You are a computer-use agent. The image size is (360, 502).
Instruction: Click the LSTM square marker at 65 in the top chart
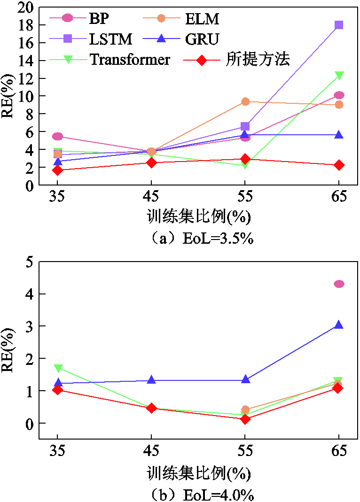point(339,25)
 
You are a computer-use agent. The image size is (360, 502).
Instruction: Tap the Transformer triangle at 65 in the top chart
point(339,75)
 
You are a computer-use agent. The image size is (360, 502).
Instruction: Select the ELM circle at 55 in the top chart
point(245,101)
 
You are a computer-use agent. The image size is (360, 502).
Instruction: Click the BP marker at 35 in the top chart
point(57,136)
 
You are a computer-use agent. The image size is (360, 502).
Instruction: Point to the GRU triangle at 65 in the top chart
point(339,135)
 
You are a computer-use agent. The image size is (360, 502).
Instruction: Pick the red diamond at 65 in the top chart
point(339,165)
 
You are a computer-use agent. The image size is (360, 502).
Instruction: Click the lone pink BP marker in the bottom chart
point(339,284)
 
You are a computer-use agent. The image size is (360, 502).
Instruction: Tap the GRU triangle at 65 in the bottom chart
point(339,325)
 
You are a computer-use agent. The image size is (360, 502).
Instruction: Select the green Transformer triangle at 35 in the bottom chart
point(58,368)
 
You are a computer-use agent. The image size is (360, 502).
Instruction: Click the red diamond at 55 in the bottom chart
point(245,419)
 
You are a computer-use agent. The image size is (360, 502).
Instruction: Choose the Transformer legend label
point(129,60)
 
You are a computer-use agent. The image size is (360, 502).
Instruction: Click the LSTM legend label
point(110,39)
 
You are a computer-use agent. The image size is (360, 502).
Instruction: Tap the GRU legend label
point(202,39)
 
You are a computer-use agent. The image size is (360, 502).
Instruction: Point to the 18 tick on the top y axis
point(26,25)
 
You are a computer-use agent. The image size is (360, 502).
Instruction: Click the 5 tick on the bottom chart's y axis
point(30,262)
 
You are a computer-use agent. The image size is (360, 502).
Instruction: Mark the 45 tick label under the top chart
point(151,196)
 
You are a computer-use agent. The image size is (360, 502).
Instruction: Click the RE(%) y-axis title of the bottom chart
point(8,350)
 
